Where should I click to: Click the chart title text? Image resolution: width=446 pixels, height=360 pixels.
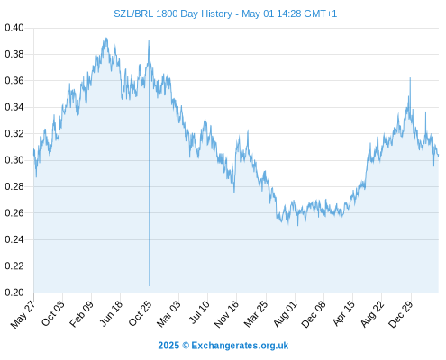[x=225, y=13]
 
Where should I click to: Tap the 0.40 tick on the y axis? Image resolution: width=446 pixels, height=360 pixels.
[x=14, y=28]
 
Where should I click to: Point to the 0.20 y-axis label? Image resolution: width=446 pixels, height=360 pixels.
[x=14, y=292]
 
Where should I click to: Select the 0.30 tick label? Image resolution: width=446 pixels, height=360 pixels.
[x=14, y=160]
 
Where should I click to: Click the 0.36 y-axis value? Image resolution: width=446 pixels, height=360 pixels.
[x=14, y=81]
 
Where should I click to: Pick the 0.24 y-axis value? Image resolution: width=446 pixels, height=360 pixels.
[x=14, y=239]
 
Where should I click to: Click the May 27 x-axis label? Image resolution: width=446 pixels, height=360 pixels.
[x=23, y=314]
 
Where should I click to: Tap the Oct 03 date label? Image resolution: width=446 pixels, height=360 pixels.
[x=53, y=313]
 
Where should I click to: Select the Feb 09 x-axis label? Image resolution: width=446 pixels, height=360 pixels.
[x=81, y=313]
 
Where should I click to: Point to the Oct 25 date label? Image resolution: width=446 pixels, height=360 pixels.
[x=140, y=313]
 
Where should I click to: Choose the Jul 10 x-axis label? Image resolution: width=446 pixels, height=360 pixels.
[x=199, y=312]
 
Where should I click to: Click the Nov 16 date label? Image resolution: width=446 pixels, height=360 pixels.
[x=226, y=313]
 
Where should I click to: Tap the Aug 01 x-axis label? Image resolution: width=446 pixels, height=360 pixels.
[x=286, y=313]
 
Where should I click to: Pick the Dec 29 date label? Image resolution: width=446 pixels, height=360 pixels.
[x=401, y=314]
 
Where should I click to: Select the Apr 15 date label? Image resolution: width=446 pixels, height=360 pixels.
[x=343, y=313]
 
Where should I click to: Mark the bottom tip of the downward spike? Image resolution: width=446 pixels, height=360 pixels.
[x=150, y=285]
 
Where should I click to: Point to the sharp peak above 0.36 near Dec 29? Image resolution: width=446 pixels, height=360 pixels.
[x=410, y=78]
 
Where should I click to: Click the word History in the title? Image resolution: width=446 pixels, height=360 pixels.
[x=216, y=13]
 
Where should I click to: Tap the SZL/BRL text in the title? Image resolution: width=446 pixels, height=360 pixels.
[x=133, y=13]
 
